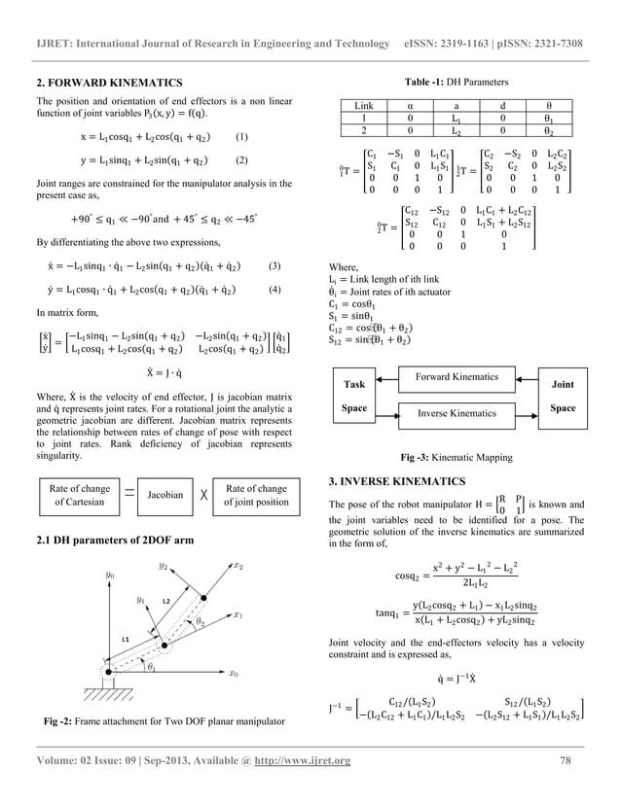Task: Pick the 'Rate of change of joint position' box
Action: (255, 494)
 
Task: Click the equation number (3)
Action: (274, 264)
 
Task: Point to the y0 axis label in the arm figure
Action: (110, 576)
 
